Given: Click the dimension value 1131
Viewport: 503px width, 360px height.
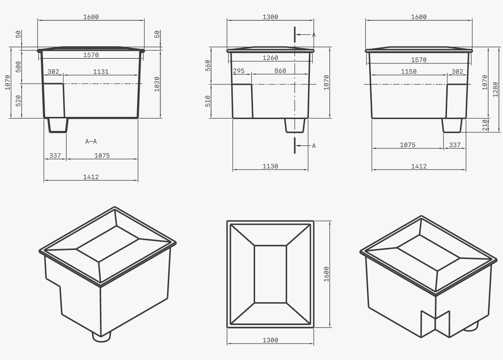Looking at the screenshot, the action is (101, 72).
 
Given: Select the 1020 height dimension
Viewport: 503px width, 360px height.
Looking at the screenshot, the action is (157, 84).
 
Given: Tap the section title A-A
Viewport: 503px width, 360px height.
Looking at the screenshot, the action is (91, 141).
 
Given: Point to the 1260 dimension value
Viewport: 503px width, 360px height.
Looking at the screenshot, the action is (270, 58).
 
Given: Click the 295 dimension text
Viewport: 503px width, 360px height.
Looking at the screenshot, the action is (239, 71).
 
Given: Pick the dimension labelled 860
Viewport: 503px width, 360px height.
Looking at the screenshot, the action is (280, 71).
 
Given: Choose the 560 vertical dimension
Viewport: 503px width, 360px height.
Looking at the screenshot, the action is (208, 66).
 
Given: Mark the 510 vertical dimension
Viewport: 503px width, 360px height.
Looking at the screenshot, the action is (208, 101).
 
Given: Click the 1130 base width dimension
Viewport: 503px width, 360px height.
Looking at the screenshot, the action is (270, 166).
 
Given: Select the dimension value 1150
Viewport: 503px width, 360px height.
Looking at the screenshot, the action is (409, 71).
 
